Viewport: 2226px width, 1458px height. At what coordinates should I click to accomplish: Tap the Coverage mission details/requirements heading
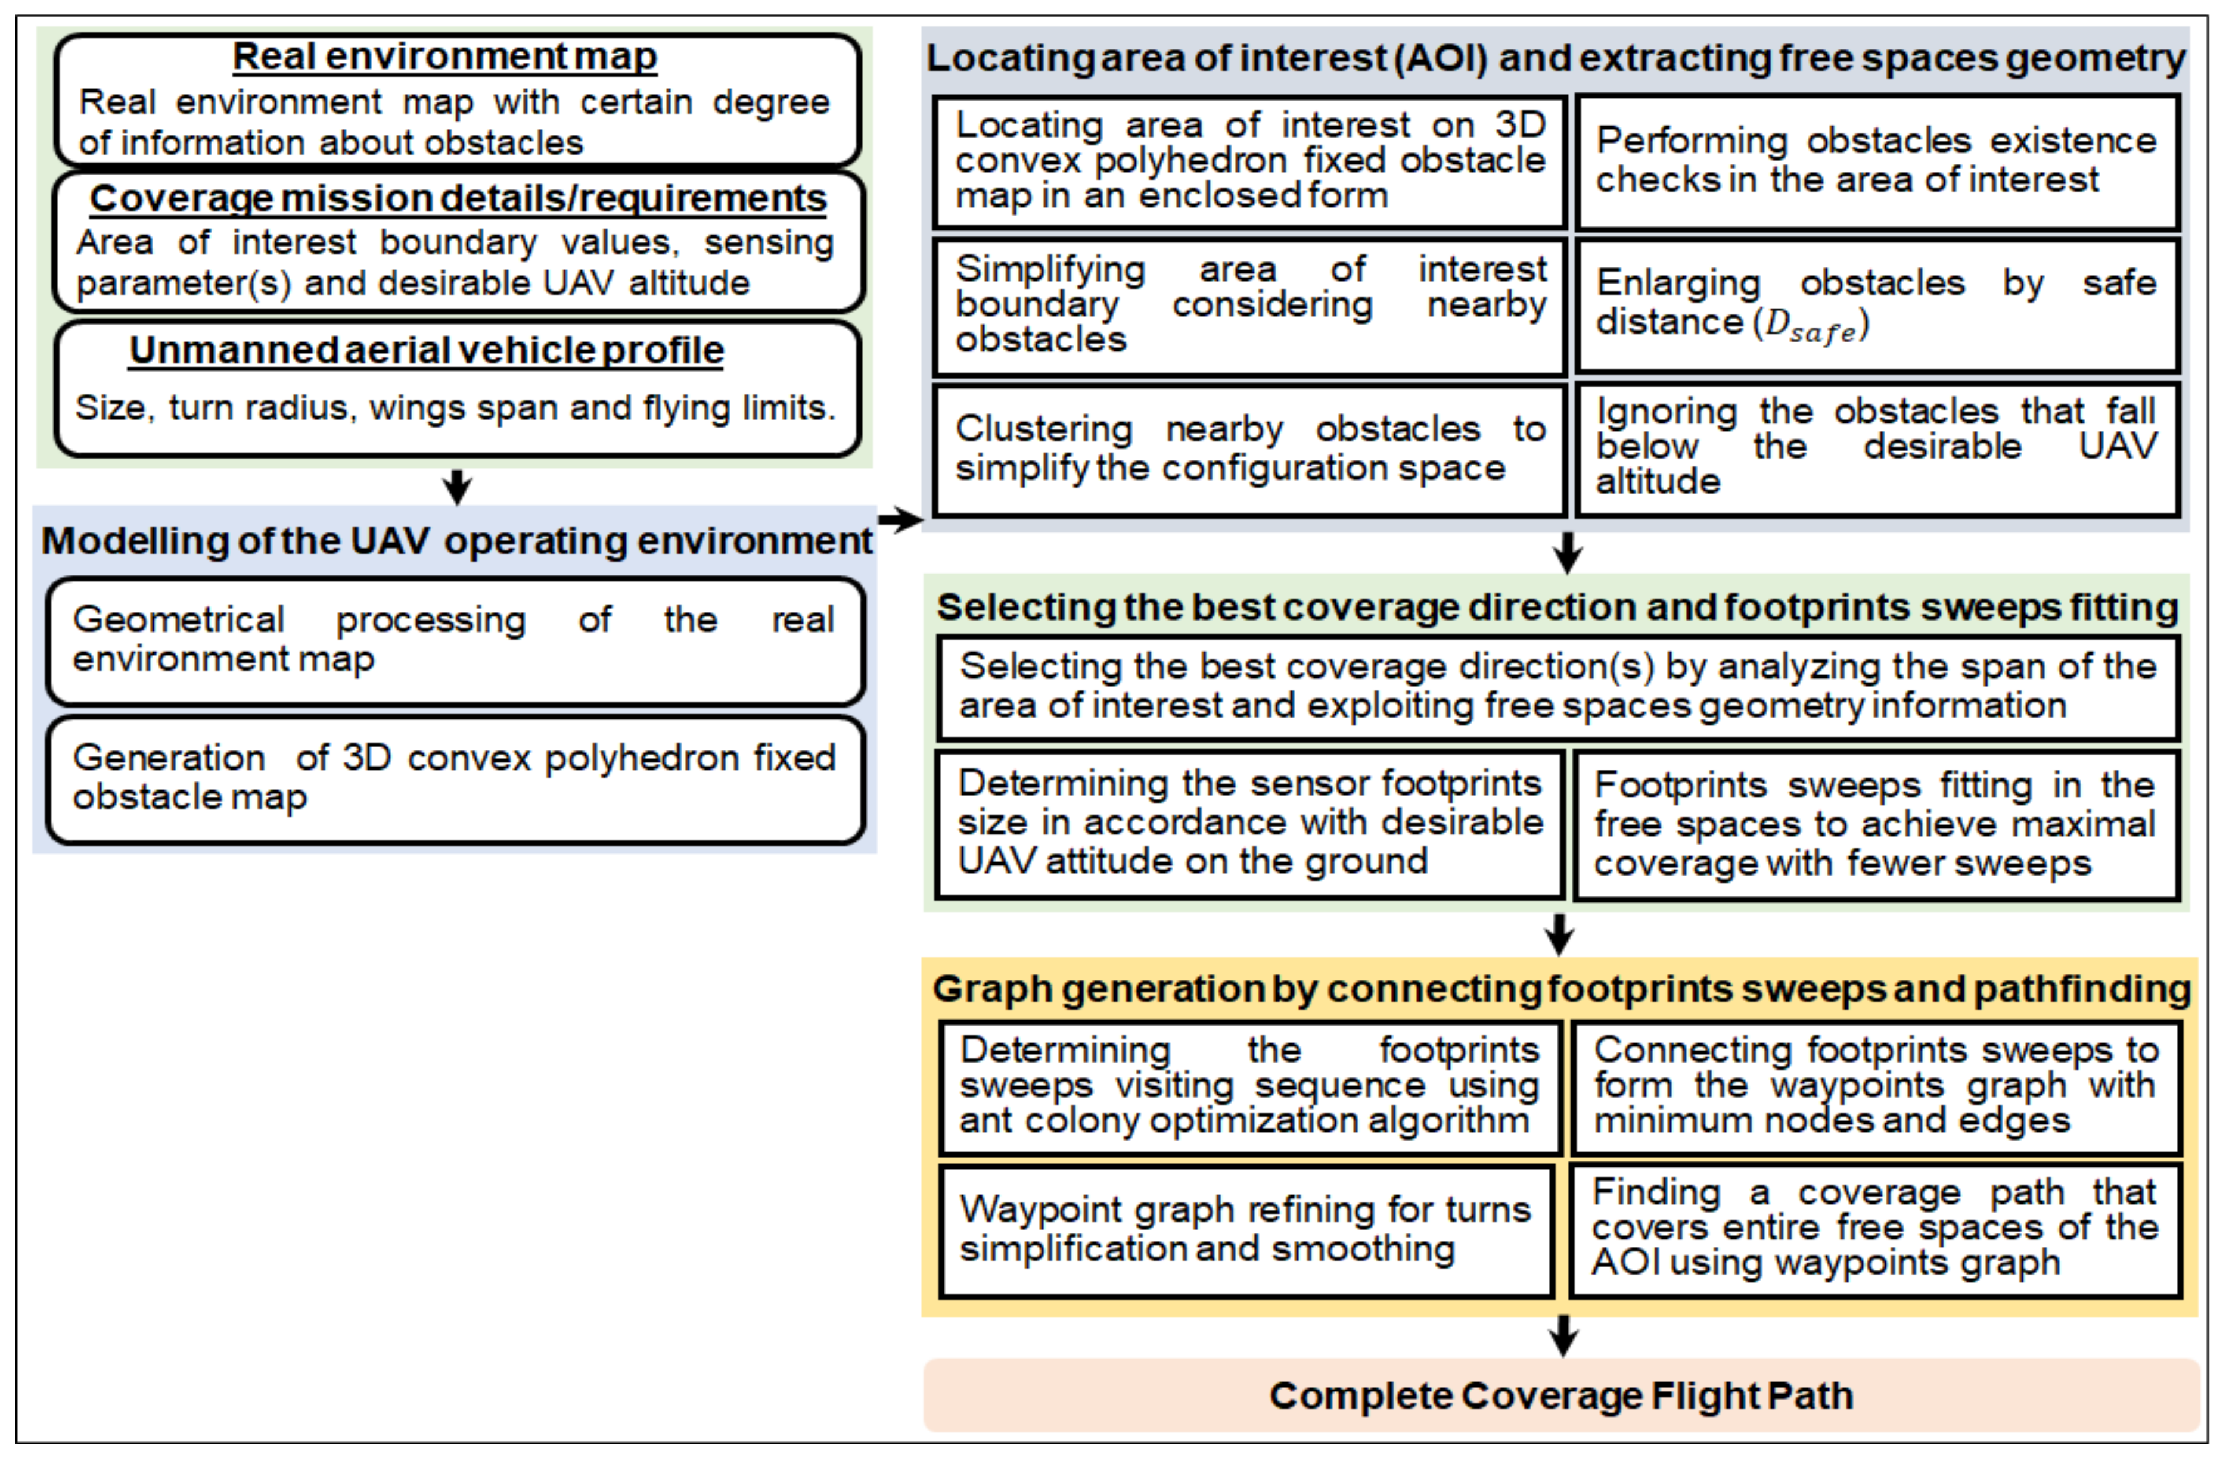pos(458,198)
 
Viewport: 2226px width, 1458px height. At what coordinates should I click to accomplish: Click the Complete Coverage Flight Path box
pos(1560,1395)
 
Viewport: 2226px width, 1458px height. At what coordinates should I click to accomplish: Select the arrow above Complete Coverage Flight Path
pos(1563,1335)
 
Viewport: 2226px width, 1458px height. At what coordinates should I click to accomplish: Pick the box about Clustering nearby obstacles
pos(1249,450)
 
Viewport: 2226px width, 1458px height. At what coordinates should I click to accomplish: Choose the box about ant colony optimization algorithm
pos(1249,1087)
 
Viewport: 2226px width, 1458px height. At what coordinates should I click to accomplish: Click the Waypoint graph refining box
pos(1246,1230)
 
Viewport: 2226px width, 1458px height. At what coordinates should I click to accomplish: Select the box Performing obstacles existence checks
pos(1876,161)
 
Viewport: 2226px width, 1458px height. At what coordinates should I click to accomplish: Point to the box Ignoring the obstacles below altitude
pos(1876,447)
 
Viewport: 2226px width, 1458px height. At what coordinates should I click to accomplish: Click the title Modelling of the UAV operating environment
pos(455,541)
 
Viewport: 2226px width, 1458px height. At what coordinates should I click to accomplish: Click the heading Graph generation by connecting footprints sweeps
pos(1560,989)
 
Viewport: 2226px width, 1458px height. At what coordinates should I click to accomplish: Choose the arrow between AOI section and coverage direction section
pos(1568,552)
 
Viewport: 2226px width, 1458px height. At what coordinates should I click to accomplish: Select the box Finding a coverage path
pos(1875,1229)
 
